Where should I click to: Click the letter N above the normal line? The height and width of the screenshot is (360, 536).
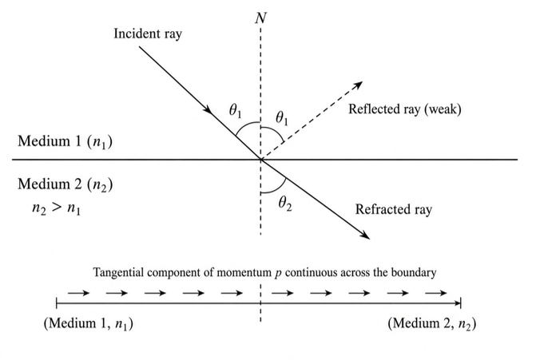261,18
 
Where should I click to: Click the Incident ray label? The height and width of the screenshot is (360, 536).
148,34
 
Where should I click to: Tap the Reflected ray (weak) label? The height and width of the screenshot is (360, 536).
405,109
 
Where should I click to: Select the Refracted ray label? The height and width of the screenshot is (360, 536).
394,209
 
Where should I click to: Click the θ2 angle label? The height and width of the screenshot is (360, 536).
285,204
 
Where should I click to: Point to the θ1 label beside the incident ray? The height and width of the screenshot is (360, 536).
235,111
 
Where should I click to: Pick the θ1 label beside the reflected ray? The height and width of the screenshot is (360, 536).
282,118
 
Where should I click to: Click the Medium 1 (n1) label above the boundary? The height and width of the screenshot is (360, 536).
65,141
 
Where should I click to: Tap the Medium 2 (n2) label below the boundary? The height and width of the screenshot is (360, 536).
65,184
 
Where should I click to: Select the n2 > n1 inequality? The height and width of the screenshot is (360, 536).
57,208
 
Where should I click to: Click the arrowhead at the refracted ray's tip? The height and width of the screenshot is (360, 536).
366,235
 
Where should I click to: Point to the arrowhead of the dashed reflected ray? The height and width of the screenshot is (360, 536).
358,85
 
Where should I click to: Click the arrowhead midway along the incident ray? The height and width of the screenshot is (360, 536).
208,109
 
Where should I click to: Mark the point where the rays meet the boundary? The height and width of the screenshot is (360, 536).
261,160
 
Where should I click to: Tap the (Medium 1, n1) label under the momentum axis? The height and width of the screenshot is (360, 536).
88,323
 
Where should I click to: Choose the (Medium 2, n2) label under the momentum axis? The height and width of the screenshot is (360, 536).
431,323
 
